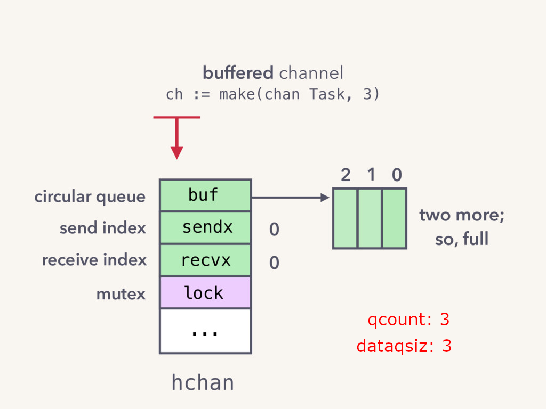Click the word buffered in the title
pyautogui.click(x=238, y=72)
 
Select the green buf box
pyautogui.click(x=205, y=195)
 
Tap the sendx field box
pyautogui.click(x=205, y=227)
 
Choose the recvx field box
pyautogui.click(x=205, y=260)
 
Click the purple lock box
pyautogui.click(x=205, y=292)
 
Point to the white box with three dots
pyautogui.click(x=205, y=331)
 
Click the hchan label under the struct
pyautogui.click(x=203, y=382)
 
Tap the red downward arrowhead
pyautogui.click(x=177, y=153)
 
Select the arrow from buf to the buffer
pyautogui.click(x=291, y=198)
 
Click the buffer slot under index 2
pyautogui.click(x=345, y=218)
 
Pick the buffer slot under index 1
pyautogui.click(x=370, y=218)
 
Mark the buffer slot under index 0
pyautogui.click(x=394, y=218)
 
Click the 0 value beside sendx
pyautogui.click(x=275, y=230)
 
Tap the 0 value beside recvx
pyautogui.click(x=275, y=263)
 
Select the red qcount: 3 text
pyautogui.click(x=408, y=320)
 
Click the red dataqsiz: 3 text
pyautogui.click(x=404, y=346)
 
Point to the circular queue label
pyautogui.click(x=90, y=197)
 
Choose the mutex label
pyautogui.click(x=121, y=294)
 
